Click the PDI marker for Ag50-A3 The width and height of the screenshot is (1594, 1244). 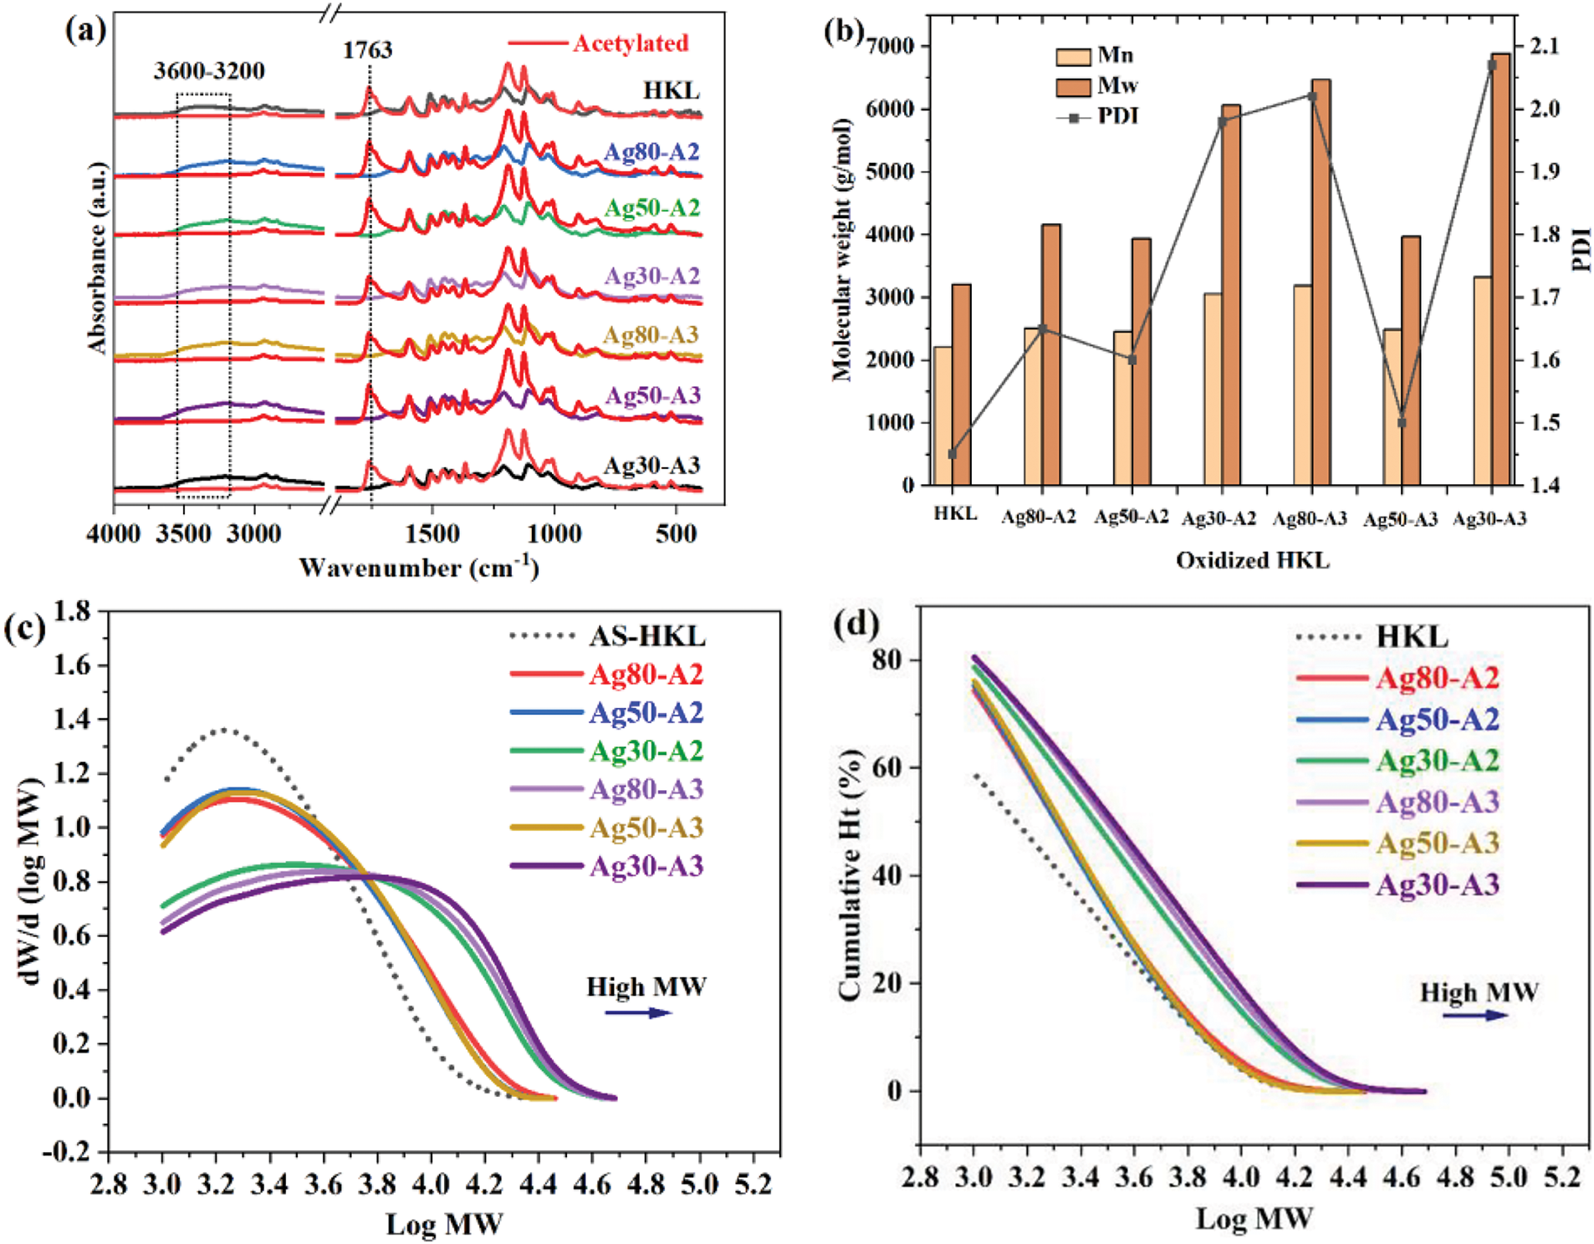point(1402,422)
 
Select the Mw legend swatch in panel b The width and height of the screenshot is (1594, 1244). point(1073,86)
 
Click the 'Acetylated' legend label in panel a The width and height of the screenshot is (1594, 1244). point(631,43)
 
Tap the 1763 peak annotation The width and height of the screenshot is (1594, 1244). point(367,50)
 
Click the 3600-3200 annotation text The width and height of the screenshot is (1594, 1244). point(209,71)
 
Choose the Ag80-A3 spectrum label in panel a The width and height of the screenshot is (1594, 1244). point(651,335)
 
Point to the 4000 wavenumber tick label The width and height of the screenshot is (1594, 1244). point(114,533)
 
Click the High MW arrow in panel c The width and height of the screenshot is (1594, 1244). point(638,1012)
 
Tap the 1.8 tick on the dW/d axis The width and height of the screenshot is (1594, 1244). point(72,611)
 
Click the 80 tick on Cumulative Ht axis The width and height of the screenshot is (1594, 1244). point(887,660)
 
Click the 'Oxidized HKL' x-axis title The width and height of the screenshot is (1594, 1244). point(1252,560)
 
